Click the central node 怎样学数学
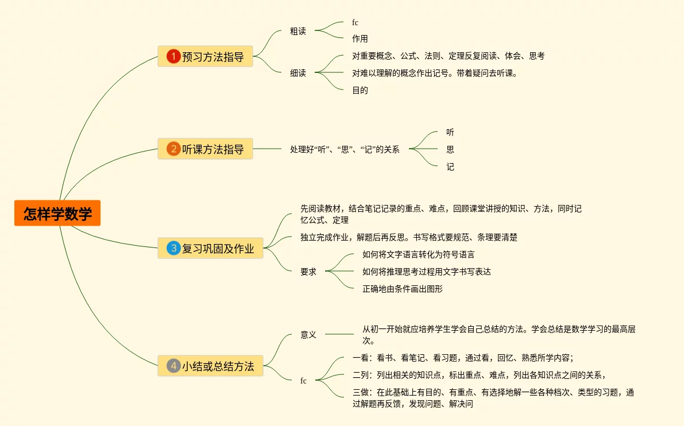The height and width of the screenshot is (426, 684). coord(57,213)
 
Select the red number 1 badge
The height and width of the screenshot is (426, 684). coord(173,56)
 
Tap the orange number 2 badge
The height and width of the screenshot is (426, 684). coord(173,149)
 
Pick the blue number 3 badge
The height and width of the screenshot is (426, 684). coord(173,248)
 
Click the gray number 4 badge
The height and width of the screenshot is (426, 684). coord(173,365)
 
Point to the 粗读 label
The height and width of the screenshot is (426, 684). coord(298,31)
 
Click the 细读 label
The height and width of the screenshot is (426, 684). coord(298,73)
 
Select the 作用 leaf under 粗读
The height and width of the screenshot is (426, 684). coord(360,39)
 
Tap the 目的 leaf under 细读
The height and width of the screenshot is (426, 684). coord(360,90)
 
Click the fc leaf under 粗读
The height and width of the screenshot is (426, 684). coord(355,22)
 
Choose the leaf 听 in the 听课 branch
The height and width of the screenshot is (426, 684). coord(450,132)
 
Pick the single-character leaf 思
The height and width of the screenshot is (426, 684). coord(450,149)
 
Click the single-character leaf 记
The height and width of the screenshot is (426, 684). coord(450,167)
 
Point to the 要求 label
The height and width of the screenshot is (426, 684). coord(308,272)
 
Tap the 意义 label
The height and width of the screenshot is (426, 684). coord(308,334)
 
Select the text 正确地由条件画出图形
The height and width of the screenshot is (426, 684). coord(403,289)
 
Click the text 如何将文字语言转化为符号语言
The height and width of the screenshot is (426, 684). coord(419,254)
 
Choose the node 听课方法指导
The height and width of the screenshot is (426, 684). coord(212,149)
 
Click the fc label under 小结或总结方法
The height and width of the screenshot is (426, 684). coord(304,380)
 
